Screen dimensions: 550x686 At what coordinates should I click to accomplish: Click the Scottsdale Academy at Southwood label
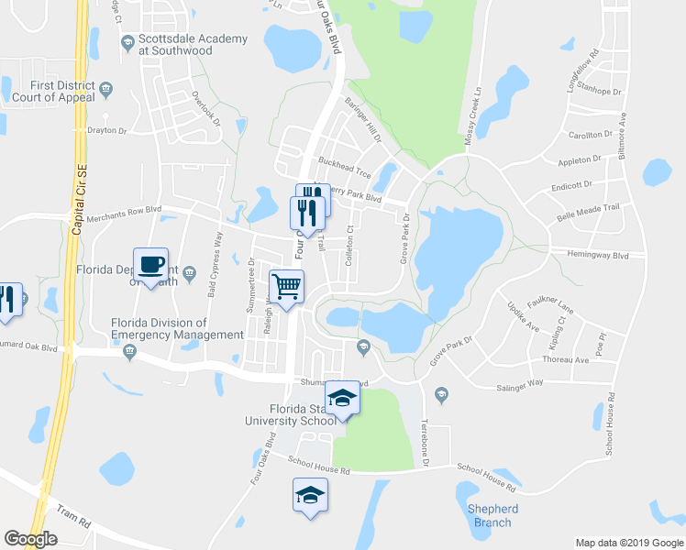click(x=193, y=45)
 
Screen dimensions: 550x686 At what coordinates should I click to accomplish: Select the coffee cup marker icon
click(x=151, y=266)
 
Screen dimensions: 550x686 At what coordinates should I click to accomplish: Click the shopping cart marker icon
click(x=286, y=286)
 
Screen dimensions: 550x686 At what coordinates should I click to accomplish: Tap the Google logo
click(x=30, y=539)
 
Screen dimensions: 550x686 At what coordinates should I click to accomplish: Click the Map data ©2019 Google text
click(x=628, y=543)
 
